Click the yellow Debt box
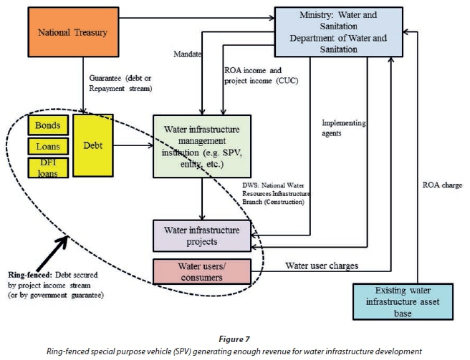92,146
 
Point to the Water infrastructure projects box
202,235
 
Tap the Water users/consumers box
202,271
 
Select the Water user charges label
322,266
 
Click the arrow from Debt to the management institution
133,146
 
